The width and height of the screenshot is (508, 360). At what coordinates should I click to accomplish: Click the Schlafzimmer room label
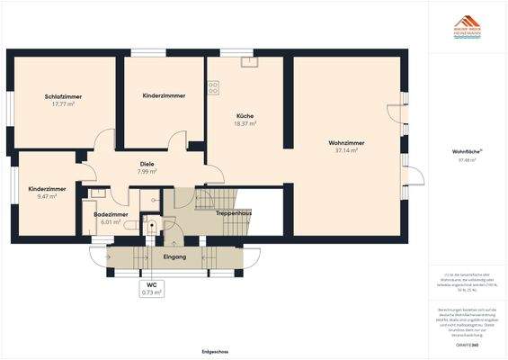(x=62, y=96)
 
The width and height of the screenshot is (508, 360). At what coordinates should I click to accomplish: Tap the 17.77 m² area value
(x=62, y=104)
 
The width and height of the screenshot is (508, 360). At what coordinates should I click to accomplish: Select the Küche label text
(x=245, y=116)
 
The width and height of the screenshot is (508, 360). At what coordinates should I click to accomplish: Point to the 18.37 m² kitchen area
(x=245, y=124)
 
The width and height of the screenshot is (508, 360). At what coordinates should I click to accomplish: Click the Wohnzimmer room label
(x=345, y=142)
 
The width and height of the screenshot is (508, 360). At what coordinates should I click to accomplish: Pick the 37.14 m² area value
(x=345, y=150)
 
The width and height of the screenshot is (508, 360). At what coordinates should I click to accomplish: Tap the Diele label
(x=147, y=163)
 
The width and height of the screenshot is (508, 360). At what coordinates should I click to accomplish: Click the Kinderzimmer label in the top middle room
(x=164, y=95)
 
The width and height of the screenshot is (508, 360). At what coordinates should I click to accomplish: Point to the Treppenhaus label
(x=233, y=212)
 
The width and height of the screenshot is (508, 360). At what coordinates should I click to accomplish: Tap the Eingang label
(x=174, y=257)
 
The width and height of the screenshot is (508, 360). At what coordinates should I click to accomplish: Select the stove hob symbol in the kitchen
(x=213, y=88)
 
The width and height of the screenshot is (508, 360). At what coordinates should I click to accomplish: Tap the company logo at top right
(x=466, y=24)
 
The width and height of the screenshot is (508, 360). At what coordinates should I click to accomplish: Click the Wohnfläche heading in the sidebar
(x=465, y=152)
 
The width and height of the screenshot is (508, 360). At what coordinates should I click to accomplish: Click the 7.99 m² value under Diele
(x=147, y=171)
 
